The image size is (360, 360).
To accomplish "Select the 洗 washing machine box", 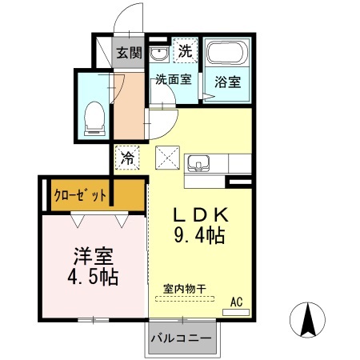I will (x=185, y=50).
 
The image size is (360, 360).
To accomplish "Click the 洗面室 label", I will (x=172, y=79).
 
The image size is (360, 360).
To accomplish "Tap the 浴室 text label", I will (x=227, y=81).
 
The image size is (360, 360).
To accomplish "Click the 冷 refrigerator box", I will (x=128, y=158).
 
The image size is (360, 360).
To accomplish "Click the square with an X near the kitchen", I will (x=167, y=158).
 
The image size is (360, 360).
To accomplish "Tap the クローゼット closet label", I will (x=80, y=194).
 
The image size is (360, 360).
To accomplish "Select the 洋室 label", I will (x=94, y=257).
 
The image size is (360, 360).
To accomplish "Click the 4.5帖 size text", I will (x=94, y=277).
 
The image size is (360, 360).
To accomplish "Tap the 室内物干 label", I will (x=183, y=287).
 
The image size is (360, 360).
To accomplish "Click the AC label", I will (x=236, y=302).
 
